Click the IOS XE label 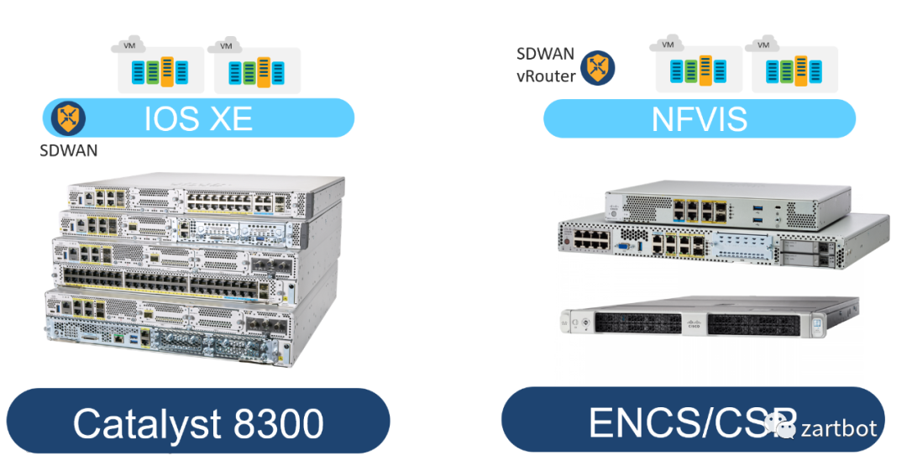198,118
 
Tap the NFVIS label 699,118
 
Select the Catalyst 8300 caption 198,424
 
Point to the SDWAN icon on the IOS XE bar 67,118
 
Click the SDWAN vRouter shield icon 598,67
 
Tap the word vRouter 546,76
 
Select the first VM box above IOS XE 160,68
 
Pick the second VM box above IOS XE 256,68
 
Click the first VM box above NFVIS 698,68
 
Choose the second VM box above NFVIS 794,68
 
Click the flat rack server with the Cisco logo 710,321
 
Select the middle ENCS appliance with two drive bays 722,243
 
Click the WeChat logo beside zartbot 786,428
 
